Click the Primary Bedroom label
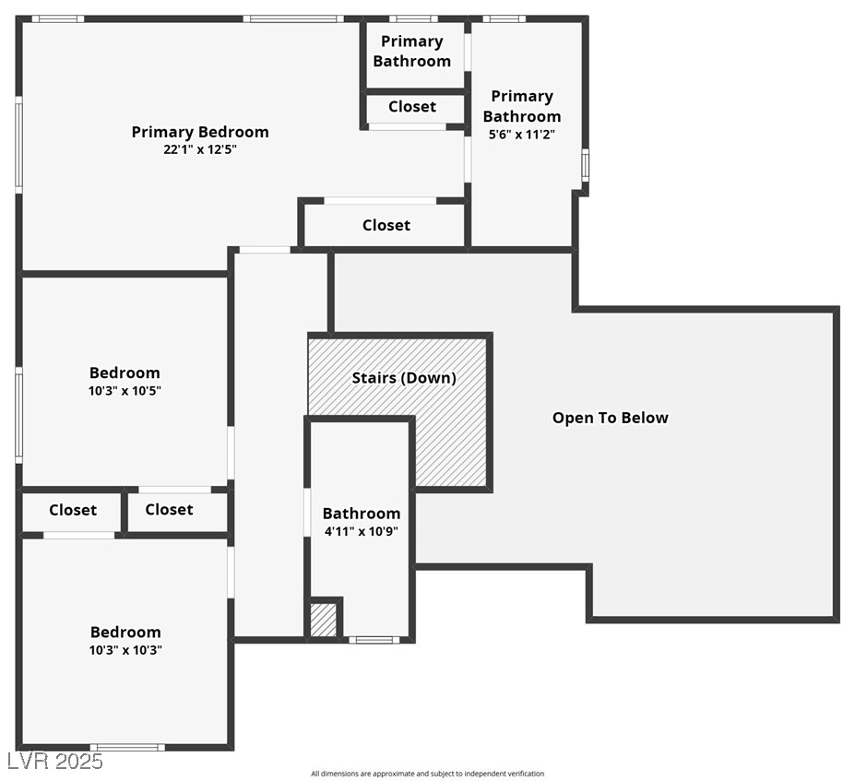point(200,133)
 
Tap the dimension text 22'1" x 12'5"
point(200,150)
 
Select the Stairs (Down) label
point(404,378)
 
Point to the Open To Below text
point(611,418)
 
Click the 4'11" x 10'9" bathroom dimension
point(362,531)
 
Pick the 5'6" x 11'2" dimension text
point(522,135)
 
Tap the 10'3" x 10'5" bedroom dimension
point(125,391)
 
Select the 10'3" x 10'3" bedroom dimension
point(125,650)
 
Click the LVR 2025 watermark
point(55,762)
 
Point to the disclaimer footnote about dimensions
point(428,774)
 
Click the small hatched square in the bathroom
point(324,620)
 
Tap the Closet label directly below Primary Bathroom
point(412,107)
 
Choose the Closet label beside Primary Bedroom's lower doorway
point(386,225)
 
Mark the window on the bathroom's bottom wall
point(374,640)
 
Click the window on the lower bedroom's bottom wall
point(127,747)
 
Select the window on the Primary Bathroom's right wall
point(585,165)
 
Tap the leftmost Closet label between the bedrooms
point(73,510)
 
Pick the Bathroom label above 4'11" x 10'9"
point(362,514)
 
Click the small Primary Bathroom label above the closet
point(412,52)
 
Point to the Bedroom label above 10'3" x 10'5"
point(125,373)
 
